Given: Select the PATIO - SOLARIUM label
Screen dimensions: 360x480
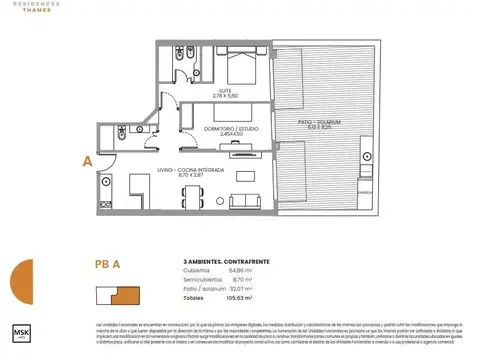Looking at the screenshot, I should tap(320, 123).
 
